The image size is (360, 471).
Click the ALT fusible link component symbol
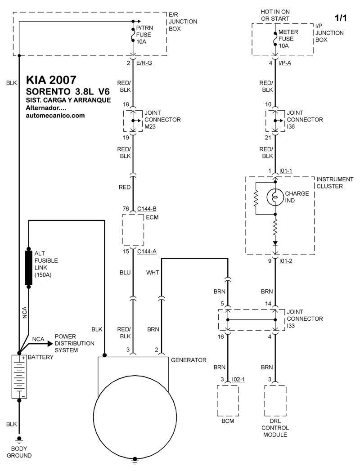coord(29,268)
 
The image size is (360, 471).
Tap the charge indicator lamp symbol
coord(275,197)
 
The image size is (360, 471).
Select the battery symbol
coord(19,377)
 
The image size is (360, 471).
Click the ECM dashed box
coord(133,230)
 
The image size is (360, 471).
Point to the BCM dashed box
coord(228,400)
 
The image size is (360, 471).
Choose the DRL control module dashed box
coord(275,400)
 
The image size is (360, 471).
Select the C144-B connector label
coord(147,209)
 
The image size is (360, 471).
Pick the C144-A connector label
coord(147,252)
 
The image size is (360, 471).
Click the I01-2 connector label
coord(286,261)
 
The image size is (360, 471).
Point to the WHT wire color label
coord(153,273)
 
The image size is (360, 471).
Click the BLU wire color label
coord(125,273)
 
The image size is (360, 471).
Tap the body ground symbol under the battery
coord(19,440)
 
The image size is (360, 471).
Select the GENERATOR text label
coord(189,360)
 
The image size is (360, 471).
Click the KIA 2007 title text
coord(51,80)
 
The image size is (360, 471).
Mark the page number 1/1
coord(341,18)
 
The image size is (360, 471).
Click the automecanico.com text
coord(55,115)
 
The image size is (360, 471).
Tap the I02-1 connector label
coord(238,379)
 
